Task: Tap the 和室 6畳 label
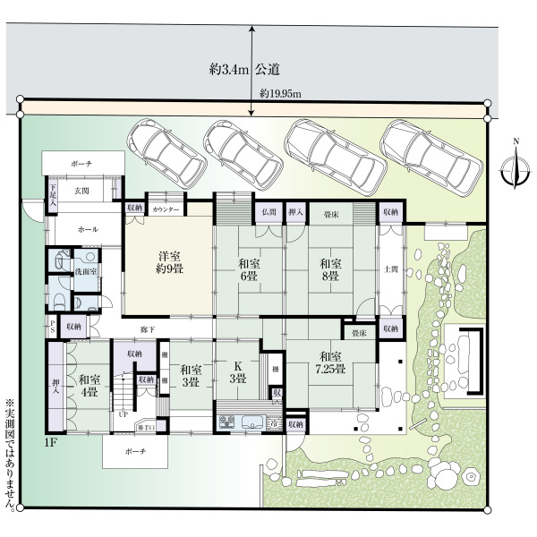point(250,270)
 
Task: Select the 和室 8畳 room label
point(330,270)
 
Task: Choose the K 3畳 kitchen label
point(237,373)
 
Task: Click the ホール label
point(88,230)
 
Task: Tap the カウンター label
point(166,209)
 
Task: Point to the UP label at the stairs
point(123,413)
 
